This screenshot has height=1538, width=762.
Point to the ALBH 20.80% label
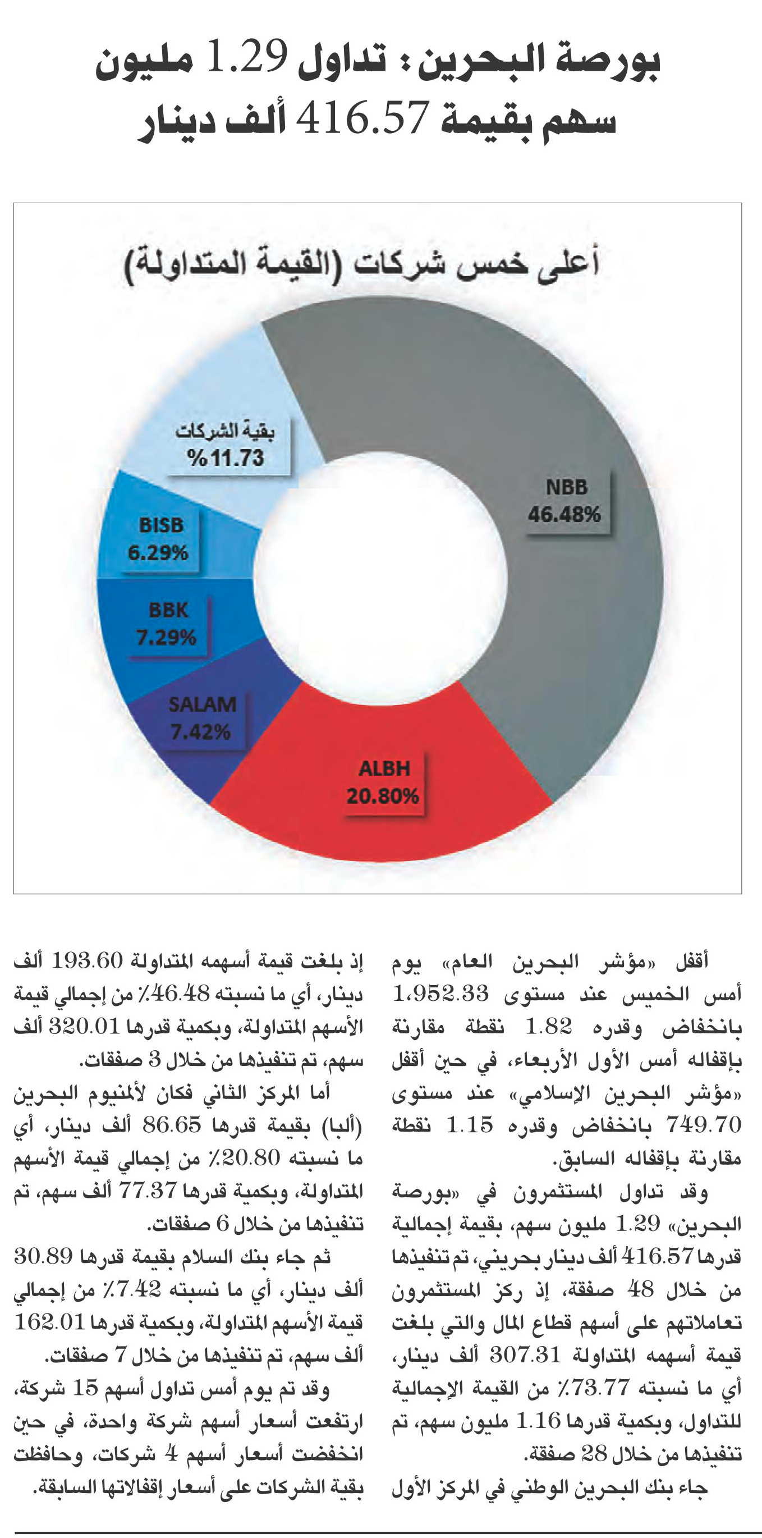click(x=384, y=782)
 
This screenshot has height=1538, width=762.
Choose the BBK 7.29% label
click(x=167, y=625)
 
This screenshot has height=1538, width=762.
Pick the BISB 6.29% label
click(x=159, y=540)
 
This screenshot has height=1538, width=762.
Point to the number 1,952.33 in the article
click(x=441, y=994)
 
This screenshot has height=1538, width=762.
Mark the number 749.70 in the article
click(x=704, y=1125)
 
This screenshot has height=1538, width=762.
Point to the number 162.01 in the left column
click(x=50, y=1323)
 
